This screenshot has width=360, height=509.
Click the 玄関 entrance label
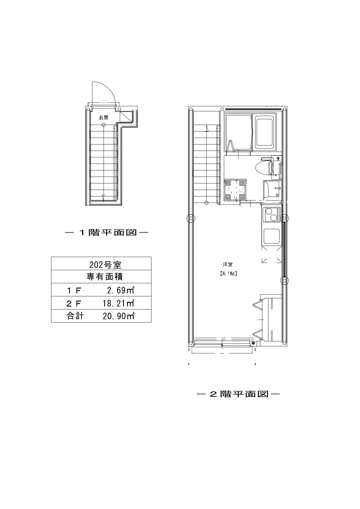pos(104,117)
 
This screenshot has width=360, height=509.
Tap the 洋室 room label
pos(228,265)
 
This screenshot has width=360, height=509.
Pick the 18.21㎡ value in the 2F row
pos(118,303)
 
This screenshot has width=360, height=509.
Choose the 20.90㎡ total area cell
pos(118,316)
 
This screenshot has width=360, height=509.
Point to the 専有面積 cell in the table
pos(101,277)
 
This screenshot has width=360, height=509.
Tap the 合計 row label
pos(75,316)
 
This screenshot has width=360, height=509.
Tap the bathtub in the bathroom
pos(264,132)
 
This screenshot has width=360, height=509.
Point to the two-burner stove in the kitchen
pos(272,215)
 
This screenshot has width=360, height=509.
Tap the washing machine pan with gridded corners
pos(235,190)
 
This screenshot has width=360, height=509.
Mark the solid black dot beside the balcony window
pos(253,343)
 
